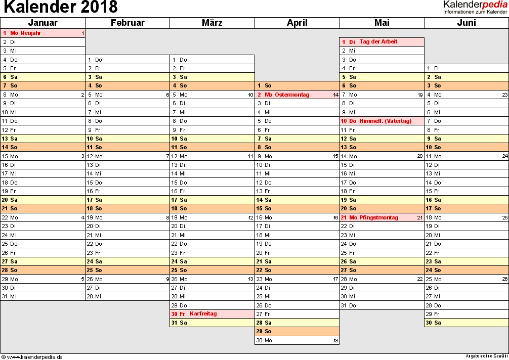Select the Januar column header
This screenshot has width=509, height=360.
(43, 23)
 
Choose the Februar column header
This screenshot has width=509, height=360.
(128, 23)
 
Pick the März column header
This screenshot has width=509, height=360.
(212, 23)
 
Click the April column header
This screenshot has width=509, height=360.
(297, 23)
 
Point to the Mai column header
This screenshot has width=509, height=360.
(381, 23)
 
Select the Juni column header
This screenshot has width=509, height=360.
(466, 23)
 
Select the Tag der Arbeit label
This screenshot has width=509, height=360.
(378, 41)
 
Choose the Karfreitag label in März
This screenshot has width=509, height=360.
(203, 313)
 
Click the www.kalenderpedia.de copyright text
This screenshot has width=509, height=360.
(32, 356)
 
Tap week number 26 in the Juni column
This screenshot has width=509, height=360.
(504, 279)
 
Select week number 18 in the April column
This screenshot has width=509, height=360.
(335, 340)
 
